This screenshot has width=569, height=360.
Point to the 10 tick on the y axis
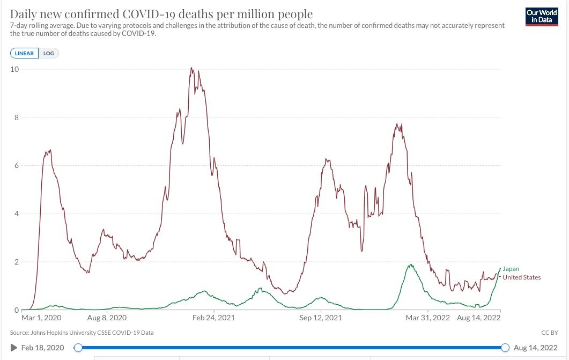16,69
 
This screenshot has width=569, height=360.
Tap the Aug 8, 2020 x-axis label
107,318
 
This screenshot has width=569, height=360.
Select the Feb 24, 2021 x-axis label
213,318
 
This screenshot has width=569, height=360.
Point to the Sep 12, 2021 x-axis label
321,318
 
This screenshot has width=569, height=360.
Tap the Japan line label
511,269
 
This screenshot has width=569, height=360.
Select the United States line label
521,277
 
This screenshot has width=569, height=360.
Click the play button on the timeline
14,348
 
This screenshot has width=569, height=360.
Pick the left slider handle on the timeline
78,348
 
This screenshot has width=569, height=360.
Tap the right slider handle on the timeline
505,348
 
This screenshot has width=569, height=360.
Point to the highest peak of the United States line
191,68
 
